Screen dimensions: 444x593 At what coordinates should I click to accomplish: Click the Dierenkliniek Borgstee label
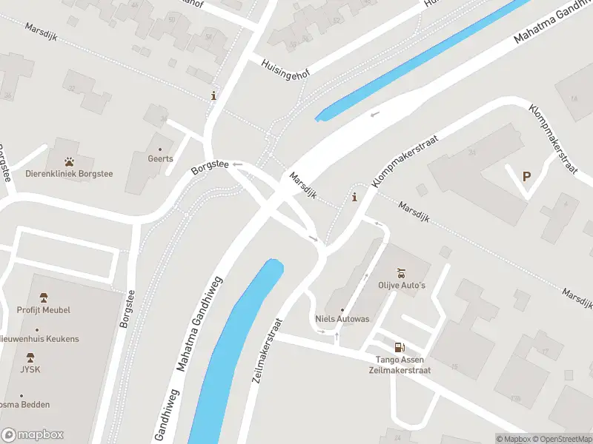69,175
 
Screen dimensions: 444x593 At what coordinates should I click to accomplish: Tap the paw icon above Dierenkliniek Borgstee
69,161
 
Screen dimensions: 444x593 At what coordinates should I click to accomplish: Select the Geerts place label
160,158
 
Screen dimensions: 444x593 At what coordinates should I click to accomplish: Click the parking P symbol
527,176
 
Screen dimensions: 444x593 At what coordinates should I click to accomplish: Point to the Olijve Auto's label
402,286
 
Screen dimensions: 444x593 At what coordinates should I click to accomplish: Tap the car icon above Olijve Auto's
402,272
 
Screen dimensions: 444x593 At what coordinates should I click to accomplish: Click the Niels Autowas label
342,319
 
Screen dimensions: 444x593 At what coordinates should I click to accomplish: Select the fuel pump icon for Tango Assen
400,346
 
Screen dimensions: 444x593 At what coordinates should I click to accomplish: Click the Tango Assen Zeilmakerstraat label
400,365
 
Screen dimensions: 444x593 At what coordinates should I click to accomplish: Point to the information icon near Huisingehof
214,95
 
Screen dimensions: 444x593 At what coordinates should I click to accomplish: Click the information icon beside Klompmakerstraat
355,197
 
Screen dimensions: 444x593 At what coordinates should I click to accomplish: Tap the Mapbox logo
33,435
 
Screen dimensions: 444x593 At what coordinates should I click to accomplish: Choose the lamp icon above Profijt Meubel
43,297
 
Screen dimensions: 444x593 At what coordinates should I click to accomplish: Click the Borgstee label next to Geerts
209,167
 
